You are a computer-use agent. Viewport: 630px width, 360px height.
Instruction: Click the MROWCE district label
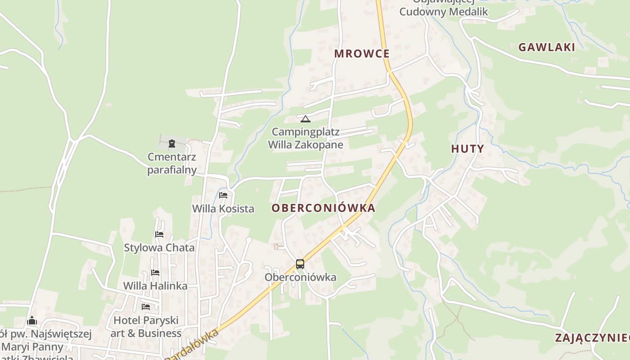361,54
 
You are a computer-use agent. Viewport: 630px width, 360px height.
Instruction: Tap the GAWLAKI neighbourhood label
547,47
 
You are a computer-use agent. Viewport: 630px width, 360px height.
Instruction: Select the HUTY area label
468,149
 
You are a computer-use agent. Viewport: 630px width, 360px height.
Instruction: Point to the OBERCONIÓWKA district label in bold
324,208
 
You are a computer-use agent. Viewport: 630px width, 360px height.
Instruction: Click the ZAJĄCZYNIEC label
592,338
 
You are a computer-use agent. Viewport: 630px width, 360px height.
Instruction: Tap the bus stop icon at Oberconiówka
300,264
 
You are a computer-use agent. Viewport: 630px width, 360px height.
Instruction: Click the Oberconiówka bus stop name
300,277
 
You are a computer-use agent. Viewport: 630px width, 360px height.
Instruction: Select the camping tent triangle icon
306,119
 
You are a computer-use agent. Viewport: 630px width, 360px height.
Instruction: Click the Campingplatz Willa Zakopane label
306,139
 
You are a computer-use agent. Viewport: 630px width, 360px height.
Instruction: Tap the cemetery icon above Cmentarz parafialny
171,144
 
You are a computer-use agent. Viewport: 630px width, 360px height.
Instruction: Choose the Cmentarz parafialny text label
172,163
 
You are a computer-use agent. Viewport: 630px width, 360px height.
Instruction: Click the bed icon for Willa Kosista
223,195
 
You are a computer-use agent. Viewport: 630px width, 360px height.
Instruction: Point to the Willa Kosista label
223,209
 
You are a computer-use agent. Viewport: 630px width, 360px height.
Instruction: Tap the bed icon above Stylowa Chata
159,234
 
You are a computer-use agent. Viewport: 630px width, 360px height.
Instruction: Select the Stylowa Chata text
159,247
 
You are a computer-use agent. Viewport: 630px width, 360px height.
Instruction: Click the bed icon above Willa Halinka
155,273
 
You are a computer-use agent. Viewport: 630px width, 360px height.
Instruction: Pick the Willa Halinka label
155,286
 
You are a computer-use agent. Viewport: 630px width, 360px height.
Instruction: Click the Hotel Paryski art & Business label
146,327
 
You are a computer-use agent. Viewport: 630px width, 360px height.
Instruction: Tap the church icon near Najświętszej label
32,321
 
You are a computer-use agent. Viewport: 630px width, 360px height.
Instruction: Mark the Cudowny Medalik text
443,12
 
